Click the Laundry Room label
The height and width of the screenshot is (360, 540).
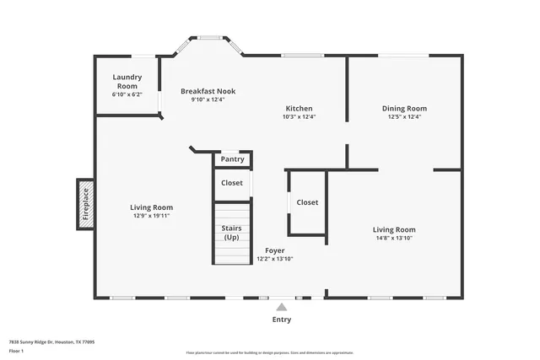(127, 81)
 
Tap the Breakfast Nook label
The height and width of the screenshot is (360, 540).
(208, 91)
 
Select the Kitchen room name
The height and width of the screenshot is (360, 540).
(299, 109)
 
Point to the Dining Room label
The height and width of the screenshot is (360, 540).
(404, 109)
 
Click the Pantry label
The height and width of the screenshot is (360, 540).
(232, 159)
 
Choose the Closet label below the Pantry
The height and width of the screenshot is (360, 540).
(232, 183)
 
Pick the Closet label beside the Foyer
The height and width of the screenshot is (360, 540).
(307, 202)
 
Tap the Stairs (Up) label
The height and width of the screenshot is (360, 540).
(231, 233)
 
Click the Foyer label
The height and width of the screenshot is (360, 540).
(275, 250)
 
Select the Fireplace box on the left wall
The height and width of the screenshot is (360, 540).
(85, 203)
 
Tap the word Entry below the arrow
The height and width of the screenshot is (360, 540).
(281, 320)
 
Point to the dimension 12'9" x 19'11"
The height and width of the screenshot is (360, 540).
(151, 216)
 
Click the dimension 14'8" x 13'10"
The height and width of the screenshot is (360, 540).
(395, 238)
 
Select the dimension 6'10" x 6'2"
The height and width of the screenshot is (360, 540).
(127, 94)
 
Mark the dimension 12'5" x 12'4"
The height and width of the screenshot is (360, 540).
(404, 117)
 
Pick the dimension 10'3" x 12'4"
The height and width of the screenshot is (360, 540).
(299, 117)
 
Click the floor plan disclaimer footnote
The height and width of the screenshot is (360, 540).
(270, 353)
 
